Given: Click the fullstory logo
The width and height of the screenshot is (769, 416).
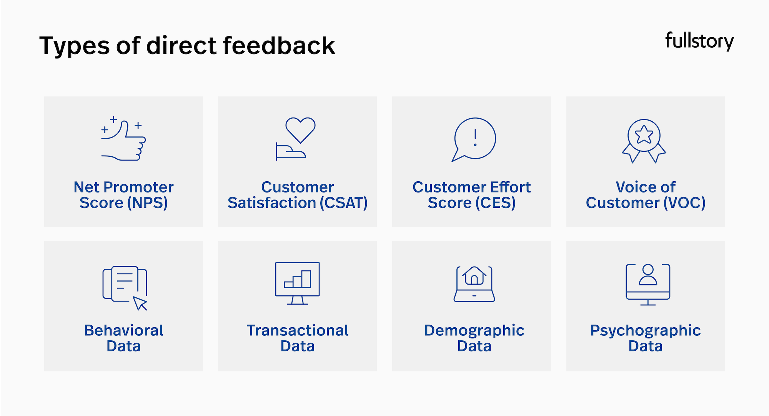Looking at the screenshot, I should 699,41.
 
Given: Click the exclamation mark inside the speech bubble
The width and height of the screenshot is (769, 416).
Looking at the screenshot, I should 475,138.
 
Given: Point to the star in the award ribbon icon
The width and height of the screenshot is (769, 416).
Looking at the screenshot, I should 644,134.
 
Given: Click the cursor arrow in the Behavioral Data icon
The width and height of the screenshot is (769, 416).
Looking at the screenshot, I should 140,303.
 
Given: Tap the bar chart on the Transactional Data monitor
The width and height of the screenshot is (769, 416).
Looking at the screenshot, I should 298,279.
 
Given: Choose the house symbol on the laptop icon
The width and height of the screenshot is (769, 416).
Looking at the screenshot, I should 474,275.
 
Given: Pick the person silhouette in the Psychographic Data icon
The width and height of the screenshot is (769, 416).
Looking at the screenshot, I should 648,275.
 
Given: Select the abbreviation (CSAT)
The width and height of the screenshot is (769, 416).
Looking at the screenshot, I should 344,203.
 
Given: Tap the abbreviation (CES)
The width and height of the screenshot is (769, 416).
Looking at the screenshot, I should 496,203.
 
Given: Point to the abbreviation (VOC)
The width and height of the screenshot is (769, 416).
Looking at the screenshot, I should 685,203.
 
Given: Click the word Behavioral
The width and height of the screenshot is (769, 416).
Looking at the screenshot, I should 123,330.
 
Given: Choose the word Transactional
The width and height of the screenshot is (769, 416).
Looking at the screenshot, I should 298,330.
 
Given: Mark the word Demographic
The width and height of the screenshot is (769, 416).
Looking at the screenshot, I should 474,330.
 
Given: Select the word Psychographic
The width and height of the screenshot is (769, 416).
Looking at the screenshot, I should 645,331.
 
